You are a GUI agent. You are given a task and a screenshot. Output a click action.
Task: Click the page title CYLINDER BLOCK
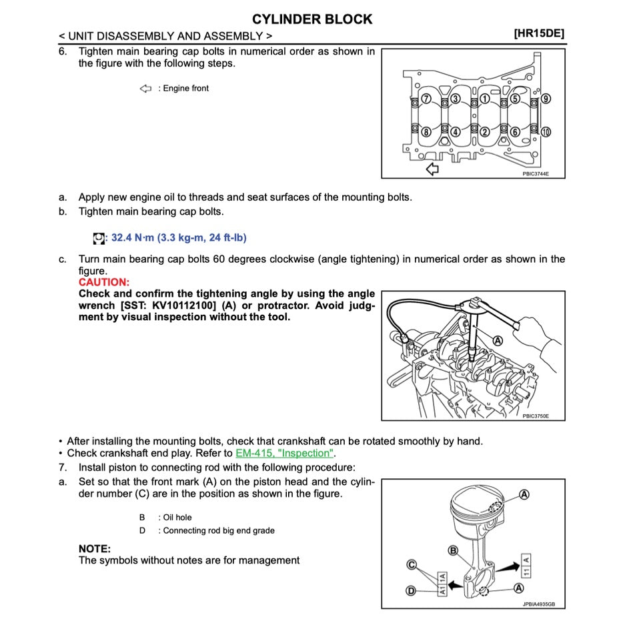312,19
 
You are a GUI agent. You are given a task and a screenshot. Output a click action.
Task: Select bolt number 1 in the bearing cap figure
486,99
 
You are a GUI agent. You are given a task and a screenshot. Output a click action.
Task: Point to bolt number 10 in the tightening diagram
546,131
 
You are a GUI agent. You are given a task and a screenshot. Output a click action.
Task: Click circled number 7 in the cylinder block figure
426,99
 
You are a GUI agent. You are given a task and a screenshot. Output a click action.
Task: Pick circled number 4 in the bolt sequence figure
456,131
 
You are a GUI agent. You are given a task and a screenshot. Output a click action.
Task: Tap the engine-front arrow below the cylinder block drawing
432,169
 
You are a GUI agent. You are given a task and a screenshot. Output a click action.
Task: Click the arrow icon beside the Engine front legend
146,89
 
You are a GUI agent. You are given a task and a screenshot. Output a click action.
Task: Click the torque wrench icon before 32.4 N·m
99,238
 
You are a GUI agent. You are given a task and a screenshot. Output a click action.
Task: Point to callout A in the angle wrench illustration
497,340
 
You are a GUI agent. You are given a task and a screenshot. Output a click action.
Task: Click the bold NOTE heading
95,548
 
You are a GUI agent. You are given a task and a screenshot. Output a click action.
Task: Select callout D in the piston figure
412,591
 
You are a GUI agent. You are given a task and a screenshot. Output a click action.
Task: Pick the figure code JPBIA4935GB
538,604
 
